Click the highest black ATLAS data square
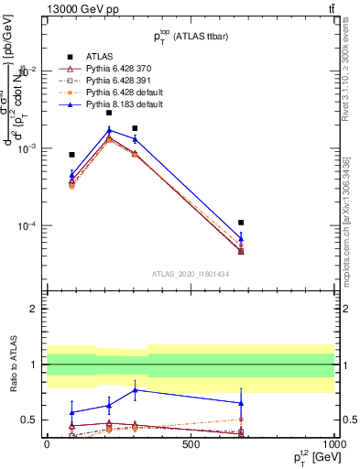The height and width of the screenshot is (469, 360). (109, 113)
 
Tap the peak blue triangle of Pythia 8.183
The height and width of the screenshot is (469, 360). (109, 130)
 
